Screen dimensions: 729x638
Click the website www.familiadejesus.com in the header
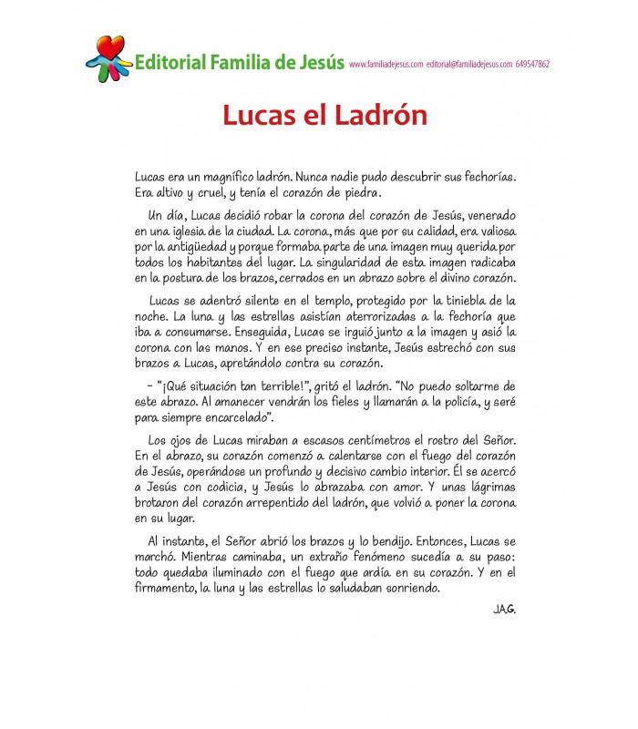(386, 65)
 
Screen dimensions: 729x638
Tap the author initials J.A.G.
(502, 610)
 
